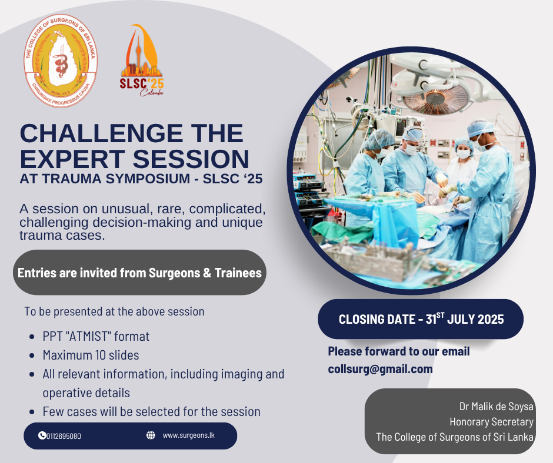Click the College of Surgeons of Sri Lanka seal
[x=61, y=61]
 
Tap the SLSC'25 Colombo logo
[x=142, y=61]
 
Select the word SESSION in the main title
[x=191, y=159]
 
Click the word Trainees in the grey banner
[x=238, y=273]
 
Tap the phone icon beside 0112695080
[x=42, y=435]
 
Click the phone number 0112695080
[x=64, y=436]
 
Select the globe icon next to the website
[x=151, y=435]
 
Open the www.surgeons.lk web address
[x=189, y=435]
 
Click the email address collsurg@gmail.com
[x=380, y=369]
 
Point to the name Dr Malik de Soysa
[x=496, y=406]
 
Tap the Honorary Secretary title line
[x=491, y=421]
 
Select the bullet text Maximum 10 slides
[x=91, y=355]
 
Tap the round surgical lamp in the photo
[x=437, y=98]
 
